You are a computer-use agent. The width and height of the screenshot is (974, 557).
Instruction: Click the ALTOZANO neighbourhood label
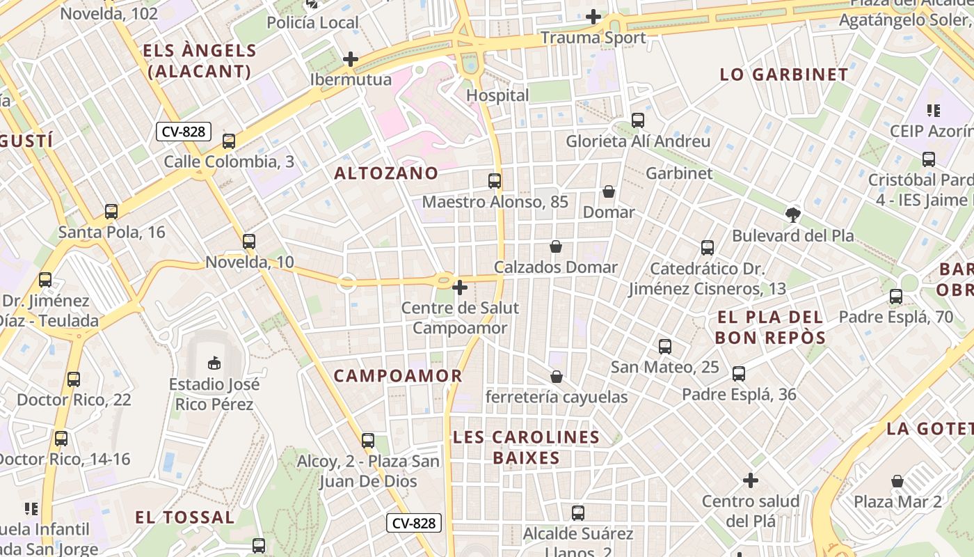coord(386,173)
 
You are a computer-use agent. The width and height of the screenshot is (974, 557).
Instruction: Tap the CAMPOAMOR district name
coord(398,376)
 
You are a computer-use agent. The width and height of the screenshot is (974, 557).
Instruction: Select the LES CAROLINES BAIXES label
coord(526,447)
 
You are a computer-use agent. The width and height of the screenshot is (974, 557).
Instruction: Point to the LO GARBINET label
coord(784,74)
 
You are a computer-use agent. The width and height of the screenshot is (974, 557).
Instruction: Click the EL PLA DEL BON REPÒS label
coord(771,328)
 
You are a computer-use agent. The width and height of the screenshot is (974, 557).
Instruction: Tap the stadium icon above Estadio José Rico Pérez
coord(214,363)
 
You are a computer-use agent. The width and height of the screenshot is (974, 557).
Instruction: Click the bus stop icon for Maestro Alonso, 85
coord(495,181)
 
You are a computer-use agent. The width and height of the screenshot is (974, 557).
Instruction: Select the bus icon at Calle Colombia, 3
coord(229,141)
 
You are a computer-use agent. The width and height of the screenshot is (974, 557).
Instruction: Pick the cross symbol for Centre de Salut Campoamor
coord(460,287)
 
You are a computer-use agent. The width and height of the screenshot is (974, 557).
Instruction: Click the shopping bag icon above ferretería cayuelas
coord(557,377)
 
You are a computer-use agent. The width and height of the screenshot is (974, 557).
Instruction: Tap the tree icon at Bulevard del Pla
coord(792,214)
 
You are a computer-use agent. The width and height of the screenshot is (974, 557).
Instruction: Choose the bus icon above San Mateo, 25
coord(665,347)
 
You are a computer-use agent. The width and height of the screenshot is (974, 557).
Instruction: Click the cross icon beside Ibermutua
coord(351,59)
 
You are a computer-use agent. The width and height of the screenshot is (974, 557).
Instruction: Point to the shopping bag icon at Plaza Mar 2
coord(897,481)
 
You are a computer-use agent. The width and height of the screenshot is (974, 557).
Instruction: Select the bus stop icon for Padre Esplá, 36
coord(739,374)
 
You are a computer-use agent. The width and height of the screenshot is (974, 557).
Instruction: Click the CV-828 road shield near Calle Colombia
coord(183,132)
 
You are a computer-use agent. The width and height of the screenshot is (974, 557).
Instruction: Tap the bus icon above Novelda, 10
coord(249,242)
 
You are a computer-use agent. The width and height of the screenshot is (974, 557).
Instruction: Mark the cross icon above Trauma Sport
coord(593,16)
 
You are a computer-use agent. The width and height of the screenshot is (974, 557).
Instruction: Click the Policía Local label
coord(313,22)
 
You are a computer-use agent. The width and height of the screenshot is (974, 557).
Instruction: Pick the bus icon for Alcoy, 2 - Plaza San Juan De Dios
coord(368,441)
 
